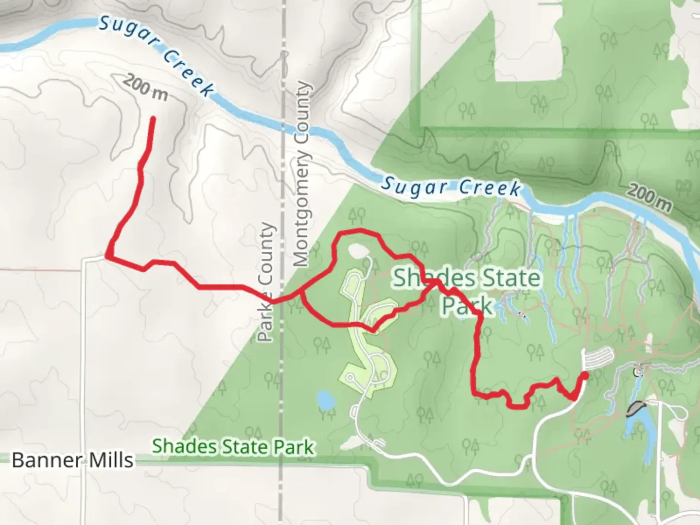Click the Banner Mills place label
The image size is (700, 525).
(x=72, y=460)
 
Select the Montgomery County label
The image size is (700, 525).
(x=301, y=174)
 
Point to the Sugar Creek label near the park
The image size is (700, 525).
(x=451, y=187)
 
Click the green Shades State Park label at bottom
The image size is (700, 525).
(x=233, y=447)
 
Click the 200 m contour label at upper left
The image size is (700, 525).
(x=145, y=87)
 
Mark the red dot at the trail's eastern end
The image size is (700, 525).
(x=584, y=375)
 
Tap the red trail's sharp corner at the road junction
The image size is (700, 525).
(x=106, y=256)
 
